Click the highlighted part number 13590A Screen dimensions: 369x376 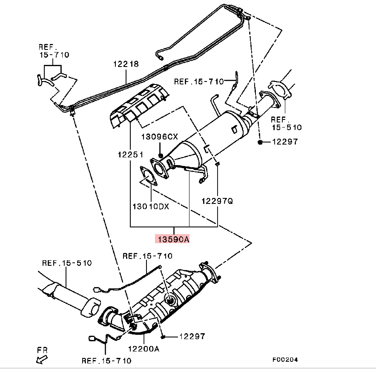(173, 239)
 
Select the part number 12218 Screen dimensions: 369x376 (126, 64)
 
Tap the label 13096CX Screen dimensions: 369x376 (160, 137)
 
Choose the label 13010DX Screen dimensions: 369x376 (151, 206)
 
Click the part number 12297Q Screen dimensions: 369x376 (217, 200)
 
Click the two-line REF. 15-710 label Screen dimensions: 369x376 (54, 51)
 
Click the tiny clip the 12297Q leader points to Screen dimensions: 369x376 (217, 163)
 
